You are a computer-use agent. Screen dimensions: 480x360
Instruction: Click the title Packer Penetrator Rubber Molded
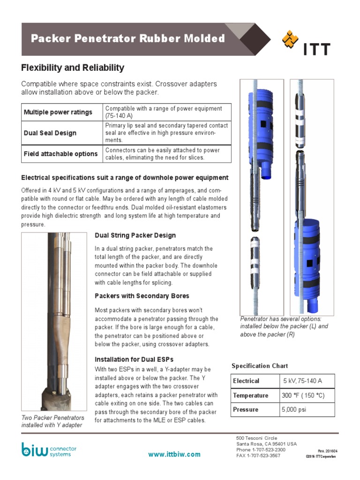(x=127, y=38)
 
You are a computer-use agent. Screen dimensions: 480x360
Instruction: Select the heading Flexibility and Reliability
(x=73, y=67)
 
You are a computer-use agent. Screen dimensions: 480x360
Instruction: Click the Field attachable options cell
(x=60, y=154)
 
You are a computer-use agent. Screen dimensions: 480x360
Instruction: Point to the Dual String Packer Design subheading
(x=135, y=235)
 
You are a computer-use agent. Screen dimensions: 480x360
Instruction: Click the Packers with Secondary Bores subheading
(x=142, y=296)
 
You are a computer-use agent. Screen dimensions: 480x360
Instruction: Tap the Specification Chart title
(x=260, y=366)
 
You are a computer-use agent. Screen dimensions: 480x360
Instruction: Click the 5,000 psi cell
(x=293, y=410)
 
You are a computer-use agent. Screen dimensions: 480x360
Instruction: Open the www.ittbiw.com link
(x=174, y=454)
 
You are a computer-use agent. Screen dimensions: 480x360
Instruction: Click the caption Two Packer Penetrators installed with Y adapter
(x=53, y=421)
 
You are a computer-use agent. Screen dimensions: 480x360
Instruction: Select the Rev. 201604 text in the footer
(x=328, y=451)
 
